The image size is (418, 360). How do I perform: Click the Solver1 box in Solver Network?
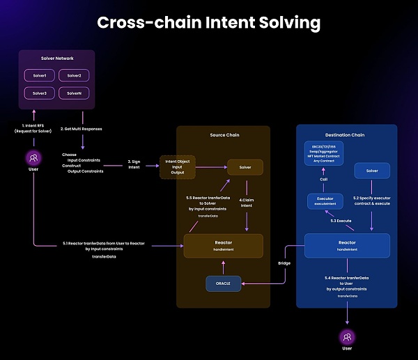coord(39,75)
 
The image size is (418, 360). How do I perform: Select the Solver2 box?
coord(74,75)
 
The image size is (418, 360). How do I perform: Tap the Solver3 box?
coord(39,93)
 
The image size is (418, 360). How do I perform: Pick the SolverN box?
coord(74,93)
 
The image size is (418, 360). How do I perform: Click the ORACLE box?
coord(223,284)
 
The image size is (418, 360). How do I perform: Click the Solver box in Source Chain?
coord(245,168)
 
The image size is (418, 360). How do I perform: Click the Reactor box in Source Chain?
coord(223,246)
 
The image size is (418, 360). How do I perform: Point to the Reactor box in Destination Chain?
coord(346,246)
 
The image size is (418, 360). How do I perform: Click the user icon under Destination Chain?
coord(346,338)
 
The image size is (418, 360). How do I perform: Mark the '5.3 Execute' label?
coord(341,220)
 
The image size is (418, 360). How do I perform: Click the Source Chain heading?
coord(223,134)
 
